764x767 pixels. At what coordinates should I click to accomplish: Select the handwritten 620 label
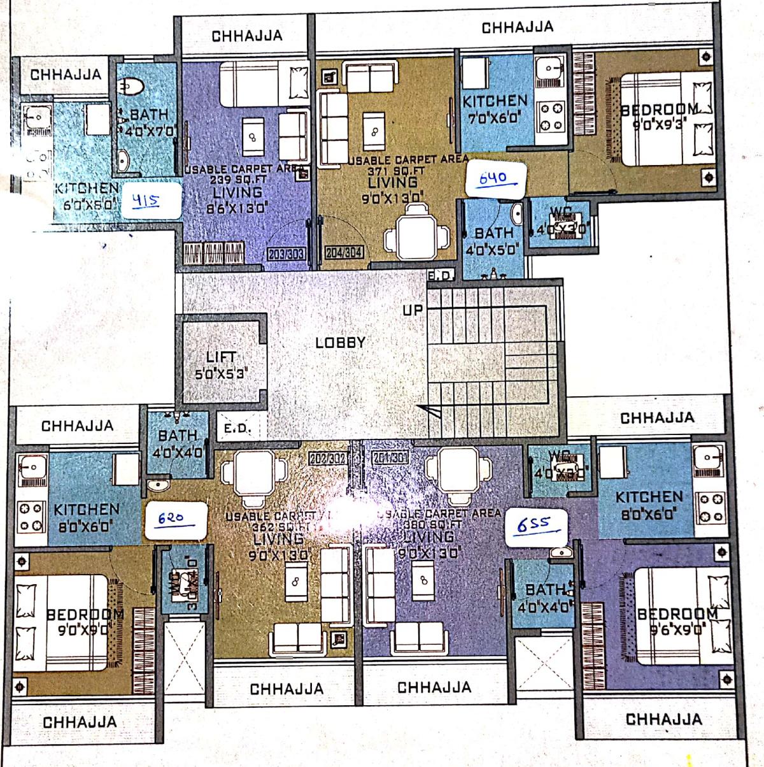(171, 518)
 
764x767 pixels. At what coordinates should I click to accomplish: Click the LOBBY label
(341, 343)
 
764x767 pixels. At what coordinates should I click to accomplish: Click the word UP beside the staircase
(413, 310)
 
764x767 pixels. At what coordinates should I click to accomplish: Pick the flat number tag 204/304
(344, 253)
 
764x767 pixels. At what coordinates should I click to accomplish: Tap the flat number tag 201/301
(390, 458)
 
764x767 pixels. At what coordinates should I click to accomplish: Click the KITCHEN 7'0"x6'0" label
(495, 109)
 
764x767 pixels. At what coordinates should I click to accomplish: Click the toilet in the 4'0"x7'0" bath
(133, 86)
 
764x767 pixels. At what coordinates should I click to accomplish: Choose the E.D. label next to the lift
(237, 429)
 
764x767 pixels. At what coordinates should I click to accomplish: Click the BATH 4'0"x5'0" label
(493, 241)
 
